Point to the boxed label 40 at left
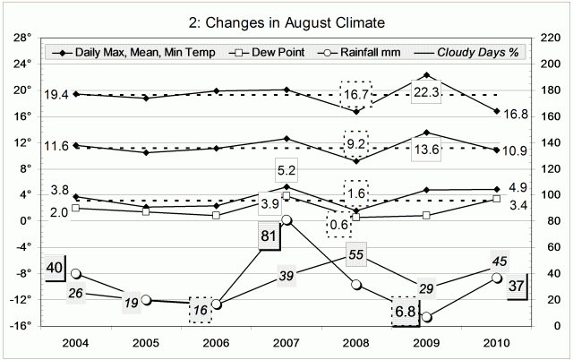pyautogui.click(x=30, y=266)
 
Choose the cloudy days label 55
pyautogui.click(x=355, y=255)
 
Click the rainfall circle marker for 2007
pyautogui.click(x=286, y=220)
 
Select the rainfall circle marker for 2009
pyautogui.click(x=426, y=317)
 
